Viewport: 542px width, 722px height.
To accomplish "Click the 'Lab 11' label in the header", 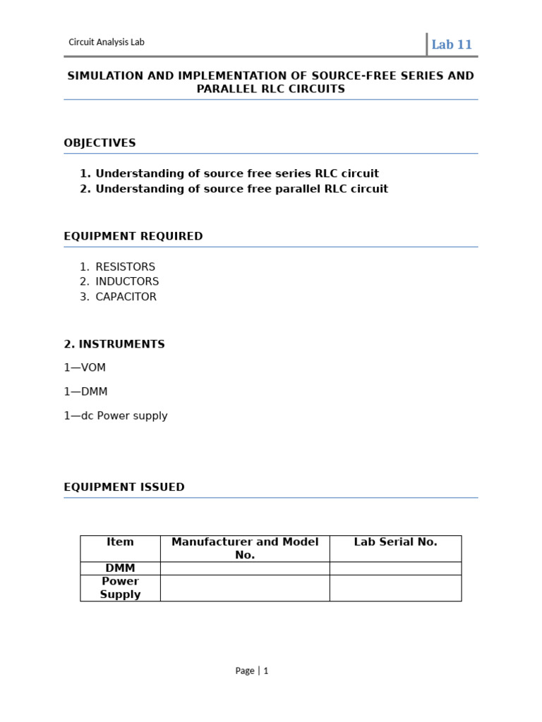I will [452, 44].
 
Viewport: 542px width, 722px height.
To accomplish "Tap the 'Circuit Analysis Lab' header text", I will [107, 42].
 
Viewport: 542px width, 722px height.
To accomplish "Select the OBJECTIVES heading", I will [100, 142].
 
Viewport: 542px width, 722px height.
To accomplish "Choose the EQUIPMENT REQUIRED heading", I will [133, 236].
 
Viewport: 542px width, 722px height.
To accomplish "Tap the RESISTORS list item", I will [125, 267].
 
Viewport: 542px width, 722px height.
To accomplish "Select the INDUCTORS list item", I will [127, 281].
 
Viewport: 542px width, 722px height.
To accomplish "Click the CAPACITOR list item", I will [126, 297].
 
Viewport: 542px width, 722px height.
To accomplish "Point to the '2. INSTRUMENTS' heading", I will [114, 344].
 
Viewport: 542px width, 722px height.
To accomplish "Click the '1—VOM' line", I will [85, 367].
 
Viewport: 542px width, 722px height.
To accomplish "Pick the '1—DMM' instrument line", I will [85, 391].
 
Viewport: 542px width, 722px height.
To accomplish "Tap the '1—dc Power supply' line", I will [116, 415].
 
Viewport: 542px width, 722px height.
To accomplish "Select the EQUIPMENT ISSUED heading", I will [124, 487].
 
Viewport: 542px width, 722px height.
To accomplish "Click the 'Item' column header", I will [120, 541].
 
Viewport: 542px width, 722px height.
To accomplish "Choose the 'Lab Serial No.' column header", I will [395, 541].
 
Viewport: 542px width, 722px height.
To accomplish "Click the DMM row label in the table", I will [120, 568].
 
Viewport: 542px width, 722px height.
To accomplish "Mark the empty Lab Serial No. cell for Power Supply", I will [395, 588].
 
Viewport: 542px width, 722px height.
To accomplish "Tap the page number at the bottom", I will [252, 671].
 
